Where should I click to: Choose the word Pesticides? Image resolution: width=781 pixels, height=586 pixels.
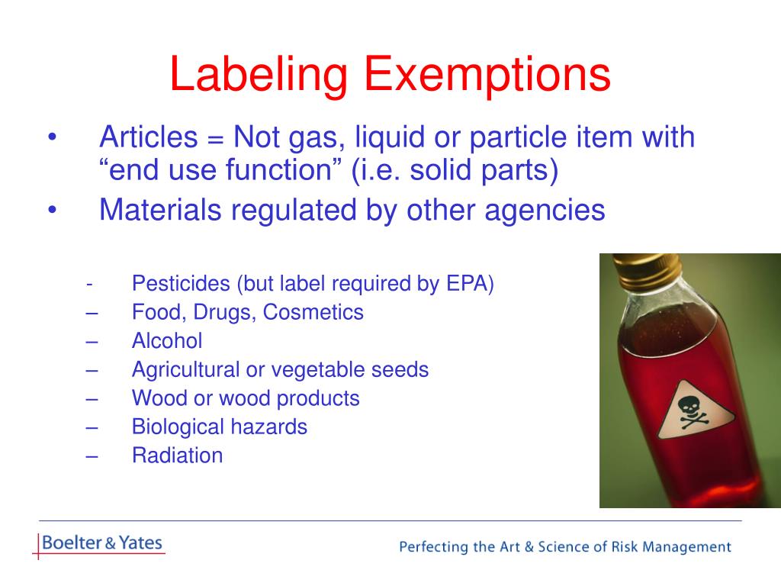pos(181,285)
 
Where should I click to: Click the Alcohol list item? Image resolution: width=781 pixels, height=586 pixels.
pos(167,341)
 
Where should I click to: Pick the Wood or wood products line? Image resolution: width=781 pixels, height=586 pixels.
pos(245,398)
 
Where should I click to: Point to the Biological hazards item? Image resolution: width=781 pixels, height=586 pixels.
pos(219,427)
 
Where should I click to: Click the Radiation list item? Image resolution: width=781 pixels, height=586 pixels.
pos(177,456)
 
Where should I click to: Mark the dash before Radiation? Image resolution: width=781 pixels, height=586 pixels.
pos(92,456)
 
